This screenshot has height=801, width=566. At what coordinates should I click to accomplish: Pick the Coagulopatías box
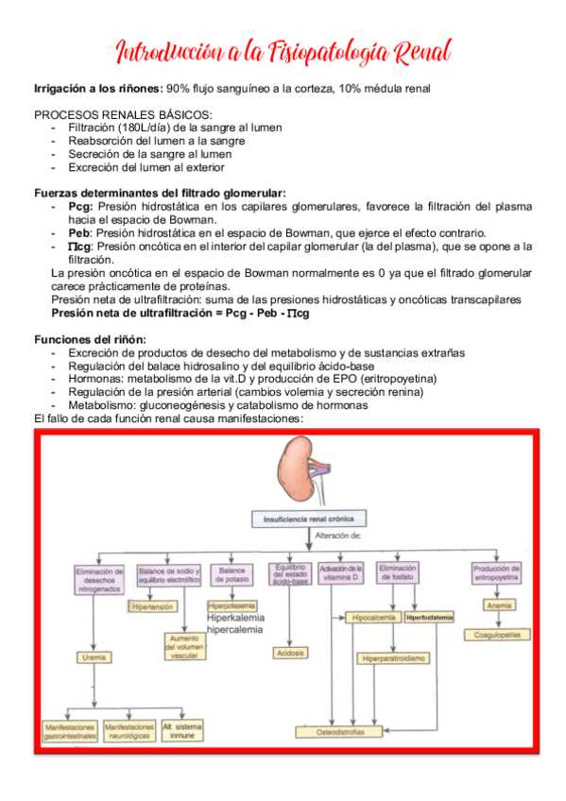496,635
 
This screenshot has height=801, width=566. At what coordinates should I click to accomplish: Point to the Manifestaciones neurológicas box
129,732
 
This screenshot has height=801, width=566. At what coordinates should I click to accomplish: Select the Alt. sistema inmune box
181,732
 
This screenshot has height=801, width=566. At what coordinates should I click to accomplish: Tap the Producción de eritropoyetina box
496,572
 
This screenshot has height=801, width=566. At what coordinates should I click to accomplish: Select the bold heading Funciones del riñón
90,339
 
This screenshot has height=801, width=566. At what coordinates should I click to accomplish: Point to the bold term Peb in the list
79,232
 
